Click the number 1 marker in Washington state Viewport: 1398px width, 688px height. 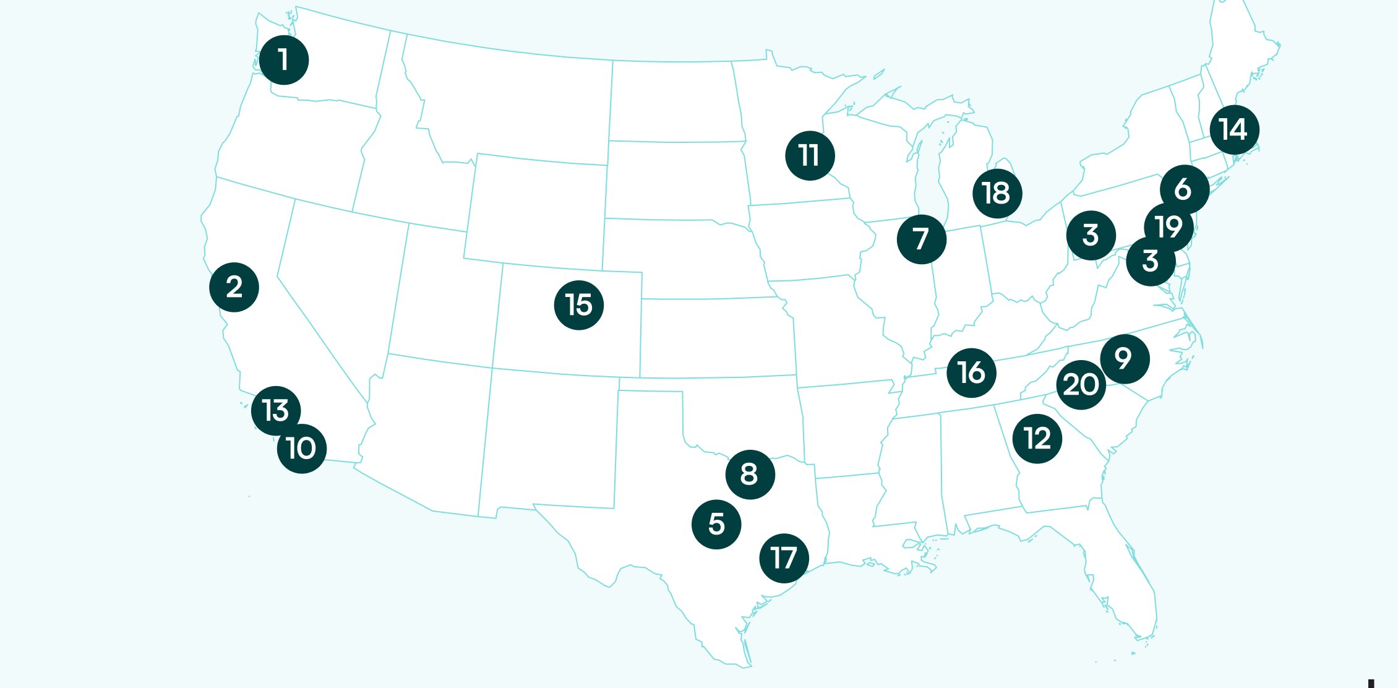284,60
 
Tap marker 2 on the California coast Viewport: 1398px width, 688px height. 234,287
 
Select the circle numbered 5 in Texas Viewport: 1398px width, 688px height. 716,524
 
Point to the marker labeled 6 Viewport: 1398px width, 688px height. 1184,189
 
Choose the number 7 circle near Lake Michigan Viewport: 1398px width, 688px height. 921,239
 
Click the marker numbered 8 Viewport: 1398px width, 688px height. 750,475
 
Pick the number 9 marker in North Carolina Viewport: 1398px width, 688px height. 1125,359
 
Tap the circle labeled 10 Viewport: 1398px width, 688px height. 302,449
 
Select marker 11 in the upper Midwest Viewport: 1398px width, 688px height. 810,155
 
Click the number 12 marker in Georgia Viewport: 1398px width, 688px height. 1037,439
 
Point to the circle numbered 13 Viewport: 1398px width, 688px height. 276,410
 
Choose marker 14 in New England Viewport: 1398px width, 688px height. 1234,130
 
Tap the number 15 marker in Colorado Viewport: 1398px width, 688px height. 578,305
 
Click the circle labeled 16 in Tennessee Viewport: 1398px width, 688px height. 971,372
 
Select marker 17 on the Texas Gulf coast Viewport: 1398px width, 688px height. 784,558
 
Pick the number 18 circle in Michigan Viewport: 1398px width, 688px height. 997,193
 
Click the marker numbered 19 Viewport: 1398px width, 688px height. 1169,227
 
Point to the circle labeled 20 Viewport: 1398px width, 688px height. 1081,385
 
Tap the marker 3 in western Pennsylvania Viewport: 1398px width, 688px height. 1091,235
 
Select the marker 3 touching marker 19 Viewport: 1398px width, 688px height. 1150,262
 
